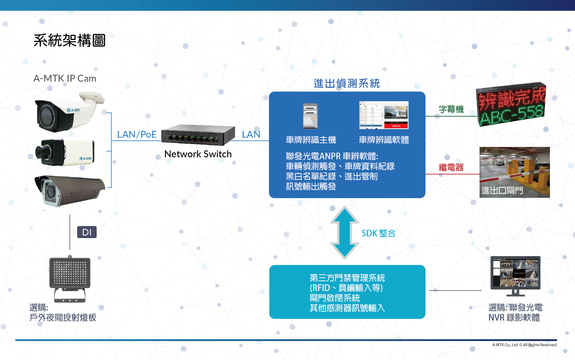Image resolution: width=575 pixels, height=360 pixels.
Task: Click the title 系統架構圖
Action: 70,40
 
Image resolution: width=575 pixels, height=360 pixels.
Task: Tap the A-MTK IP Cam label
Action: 65,78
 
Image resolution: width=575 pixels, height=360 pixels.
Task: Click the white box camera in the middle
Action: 65,152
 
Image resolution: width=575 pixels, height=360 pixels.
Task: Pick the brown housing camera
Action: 69,190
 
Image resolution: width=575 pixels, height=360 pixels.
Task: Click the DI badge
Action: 87,232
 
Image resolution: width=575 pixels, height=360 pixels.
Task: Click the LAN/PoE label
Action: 137,134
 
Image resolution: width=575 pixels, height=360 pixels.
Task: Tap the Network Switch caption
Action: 198,154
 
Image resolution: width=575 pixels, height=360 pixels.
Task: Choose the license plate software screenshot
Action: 384,115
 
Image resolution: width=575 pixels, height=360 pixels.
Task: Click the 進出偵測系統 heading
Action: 347,83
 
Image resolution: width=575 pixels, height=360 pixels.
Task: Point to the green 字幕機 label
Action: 451,109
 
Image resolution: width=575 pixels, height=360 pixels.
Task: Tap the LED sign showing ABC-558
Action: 511,105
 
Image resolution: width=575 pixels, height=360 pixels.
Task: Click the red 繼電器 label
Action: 451,167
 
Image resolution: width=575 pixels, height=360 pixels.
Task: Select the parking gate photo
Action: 515,172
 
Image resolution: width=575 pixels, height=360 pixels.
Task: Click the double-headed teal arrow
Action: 344,232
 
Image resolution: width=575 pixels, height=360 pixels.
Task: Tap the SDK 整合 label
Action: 378,233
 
